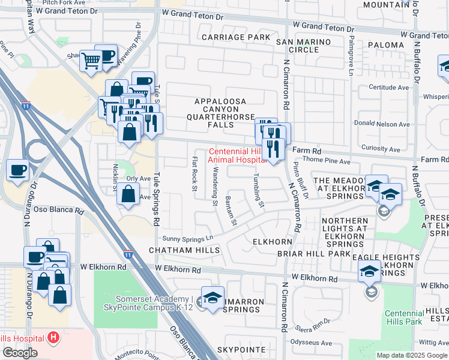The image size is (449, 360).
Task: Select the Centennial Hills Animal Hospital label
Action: click(x=237, y=155)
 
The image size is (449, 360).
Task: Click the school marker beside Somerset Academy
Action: click(x=212, y=298)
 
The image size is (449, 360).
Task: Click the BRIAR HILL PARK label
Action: click(x=313, y=254)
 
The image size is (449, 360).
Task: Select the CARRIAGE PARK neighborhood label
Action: click(x=237, y=37)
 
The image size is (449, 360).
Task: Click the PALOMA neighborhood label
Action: click(x=385, y=45)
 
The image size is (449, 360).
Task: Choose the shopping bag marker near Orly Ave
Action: click(x=128, y=194)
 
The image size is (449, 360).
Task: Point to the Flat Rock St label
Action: click(x=194, y=173)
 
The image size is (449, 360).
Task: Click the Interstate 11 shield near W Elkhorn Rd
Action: click(x=128, y=254)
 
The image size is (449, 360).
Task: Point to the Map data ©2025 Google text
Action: click(x=411, y=355)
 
